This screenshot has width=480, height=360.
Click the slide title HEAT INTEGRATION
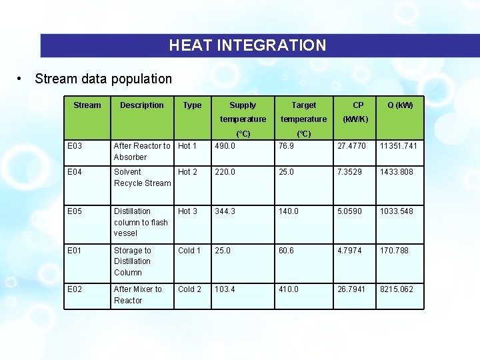pyautogui.click(x=247, y=45)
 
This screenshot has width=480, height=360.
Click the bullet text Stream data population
pyautogui.click(x=103, y=79)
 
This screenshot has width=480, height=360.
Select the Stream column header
pyautogui.click(x=87, y=105)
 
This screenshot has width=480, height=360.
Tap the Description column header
pyautogui.click(x=141, y=105)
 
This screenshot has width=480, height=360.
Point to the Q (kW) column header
pyautogui.click(x=400, y=105)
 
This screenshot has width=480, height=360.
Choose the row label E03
pyautogui.click(x=75, y=146)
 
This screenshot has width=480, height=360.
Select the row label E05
pyautogui.click(x=75, y=211)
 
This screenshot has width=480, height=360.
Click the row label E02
pyautogui.click(x=75, y=289)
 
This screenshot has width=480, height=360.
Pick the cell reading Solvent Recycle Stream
pyautogui.click(x=142, y=177)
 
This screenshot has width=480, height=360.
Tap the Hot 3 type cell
pyautogui.click(x=187, y=211)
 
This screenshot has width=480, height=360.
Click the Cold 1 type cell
pyautogui.click(x=189, y=251)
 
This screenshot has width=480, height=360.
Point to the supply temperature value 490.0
pyautogui.click(x=225, y=146)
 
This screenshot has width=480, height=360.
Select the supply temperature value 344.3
pyautogui.click(x=225, y=211)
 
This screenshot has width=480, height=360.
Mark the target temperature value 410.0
pyautogui.click(x=288, y=289)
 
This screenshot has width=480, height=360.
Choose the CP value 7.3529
pyautogui.click(x=351, y=172)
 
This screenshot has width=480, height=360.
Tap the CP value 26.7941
pyautogui.click(x=353, y=289)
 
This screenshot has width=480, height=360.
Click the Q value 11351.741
pyautogui.click(x=398, y=146)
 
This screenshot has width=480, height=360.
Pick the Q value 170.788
pyautogui.click(x=394, y=251)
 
